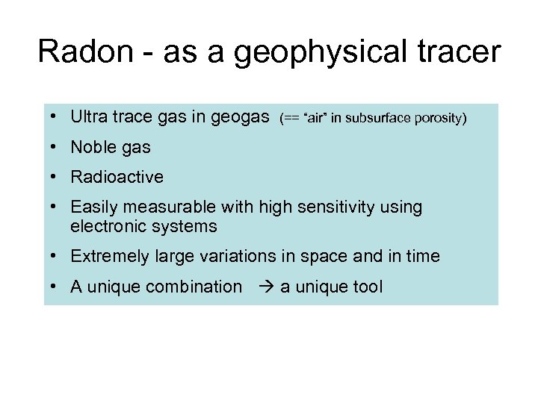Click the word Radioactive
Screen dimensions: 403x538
coord(117,177)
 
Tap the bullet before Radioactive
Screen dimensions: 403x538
coord(56,178)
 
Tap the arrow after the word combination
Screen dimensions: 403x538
coord(265,287)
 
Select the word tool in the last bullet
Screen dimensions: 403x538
coord(367,287)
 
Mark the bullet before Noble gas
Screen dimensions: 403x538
coord(56,148)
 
